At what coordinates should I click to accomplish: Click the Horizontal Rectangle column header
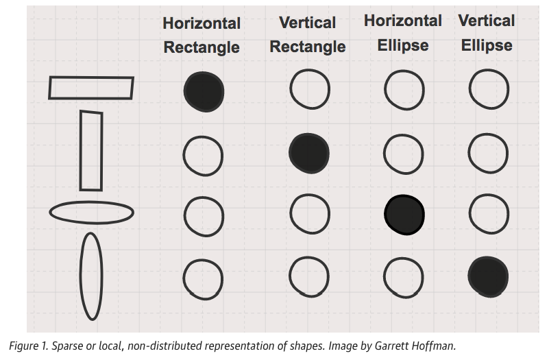pos(202,35)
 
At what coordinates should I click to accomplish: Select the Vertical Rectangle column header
pos(308,35)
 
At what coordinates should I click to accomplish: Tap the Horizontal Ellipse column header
pos(403,33)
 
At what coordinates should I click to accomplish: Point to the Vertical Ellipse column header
pos(487,33)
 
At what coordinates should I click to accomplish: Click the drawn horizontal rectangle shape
pos(91,88)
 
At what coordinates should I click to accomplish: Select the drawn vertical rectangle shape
pos(91,151)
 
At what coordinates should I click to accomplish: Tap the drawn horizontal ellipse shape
pos(91,213)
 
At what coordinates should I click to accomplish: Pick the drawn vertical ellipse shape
pos(91,276)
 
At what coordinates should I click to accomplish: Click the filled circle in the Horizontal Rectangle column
pos(204,91)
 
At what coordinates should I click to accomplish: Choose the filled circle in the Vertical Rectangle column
pos(309,152)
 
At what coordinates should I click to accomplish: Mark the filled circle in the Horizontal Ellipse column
pos(404,214)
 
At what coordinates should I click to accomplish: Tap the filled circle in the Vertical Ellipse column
pos(489,276)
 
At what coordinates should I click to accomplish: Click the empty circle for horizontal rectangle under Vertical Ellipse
pos(489,89)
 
